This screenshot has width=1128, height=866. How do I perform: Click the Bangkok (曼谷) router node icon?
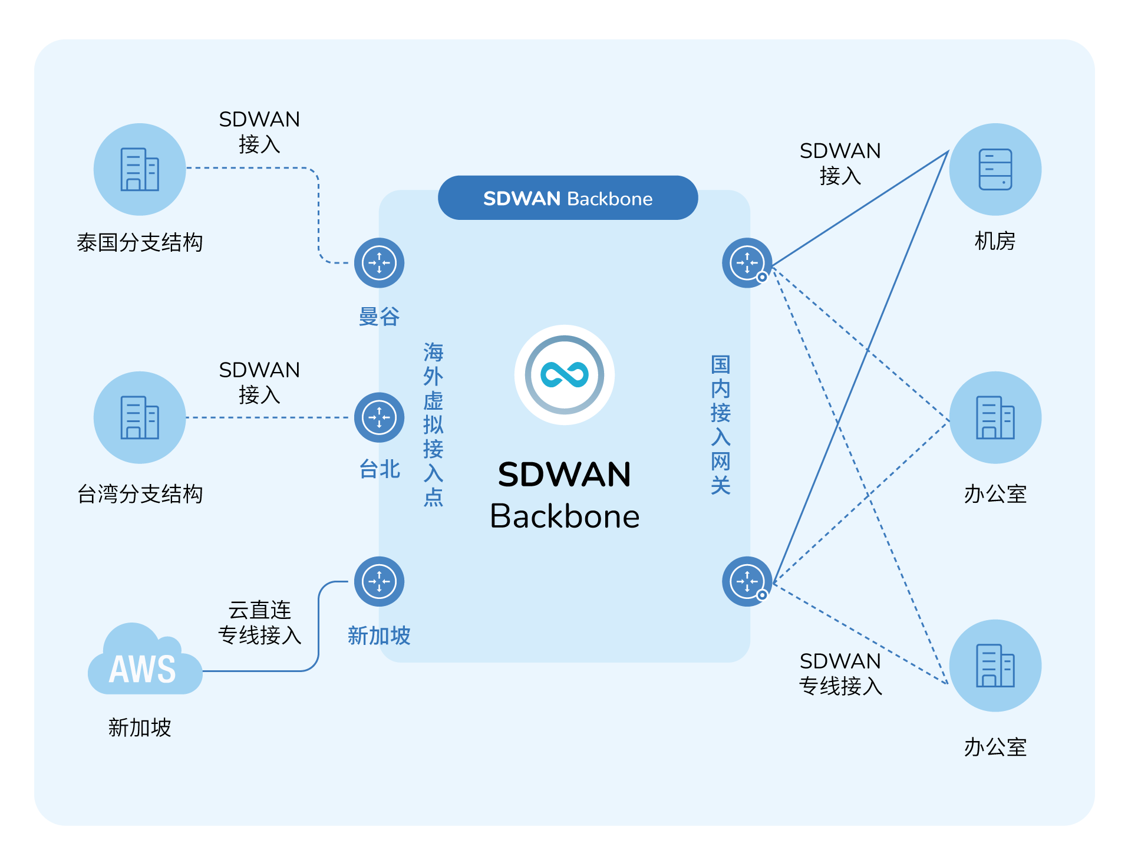pyautogui.click(x=379, y=263)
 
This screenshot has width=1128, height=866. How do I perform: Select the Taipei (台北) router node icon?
pyautogui.click(x=379, y=417)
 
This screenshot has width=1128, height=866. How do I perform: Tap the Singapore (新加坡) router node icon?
pyautogui.click(x=379, y=581)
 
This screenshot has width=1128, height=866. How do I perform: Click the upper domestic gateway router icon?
pyautogui.click(x=747, y=263)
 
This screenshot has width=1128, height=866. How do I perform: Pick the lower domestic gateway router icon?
pyautogui.click(x=747, y=581)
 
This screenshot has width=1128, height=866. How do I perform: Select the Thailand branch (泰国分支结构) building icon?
pyautogui.click(x=140, y=169)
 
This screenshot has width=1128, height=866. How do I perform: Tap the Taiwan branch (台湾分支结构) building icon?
pyautogui.click(x=140, y=417)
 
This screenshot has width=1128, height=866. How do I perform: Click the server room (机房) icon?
pyautogui.click(x=995, y=169)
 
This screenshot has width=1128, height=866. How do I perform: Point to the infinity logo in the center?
pyautogui.click(x=565, y=375)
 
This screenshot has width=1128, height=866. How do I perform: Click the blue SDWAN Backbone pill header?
pyautogui.click(x=568, y=198)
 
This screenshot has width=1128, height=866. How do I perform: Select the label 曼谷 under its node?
pyautogui.click(x=379, y=317)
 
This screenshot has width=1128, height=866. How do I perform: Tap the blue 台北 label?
pyautogui.click(x=380, y=469)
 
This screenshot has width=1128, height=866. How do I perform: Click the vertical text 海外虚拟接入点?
pyautogui.click(x=433, y=424)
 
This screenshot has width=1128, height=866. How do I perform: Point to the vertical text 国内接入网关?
pyautogui.click(x=720, y=424)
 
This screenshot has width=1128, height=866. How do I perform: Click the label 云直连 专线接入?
pyautogui.click(x=259, y=623)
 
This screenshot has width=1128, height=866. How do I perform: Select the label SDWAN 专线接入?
pyautogui.click(x=840, y=673)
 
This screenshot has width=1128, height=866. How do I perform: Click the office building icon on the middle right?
pyautogui.click(x=995, y=417)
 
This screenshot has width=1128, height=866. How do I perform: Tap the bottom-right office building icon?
pyautogui.click(x=995, y=666)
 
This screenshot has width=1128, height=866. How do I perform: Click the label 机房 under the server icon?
pyautogui.click(x=995, y=241)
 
